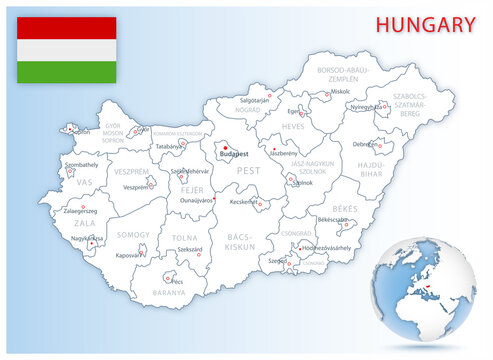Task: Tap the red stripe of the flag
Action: [x=67, y=27]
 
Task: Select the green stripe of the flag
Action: [x=67, y=71]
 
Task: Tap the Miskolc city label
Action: [x=341, y=92]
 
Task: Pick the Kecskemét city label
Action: [x=246, y=202]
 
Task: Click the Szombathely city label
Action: [x=82, y=162]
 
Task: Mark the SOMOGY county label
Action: [x=133, y=234]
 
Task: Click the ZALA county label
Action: [x=84, y=224]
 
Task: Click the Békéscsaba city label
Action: [x=330, y=220]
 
